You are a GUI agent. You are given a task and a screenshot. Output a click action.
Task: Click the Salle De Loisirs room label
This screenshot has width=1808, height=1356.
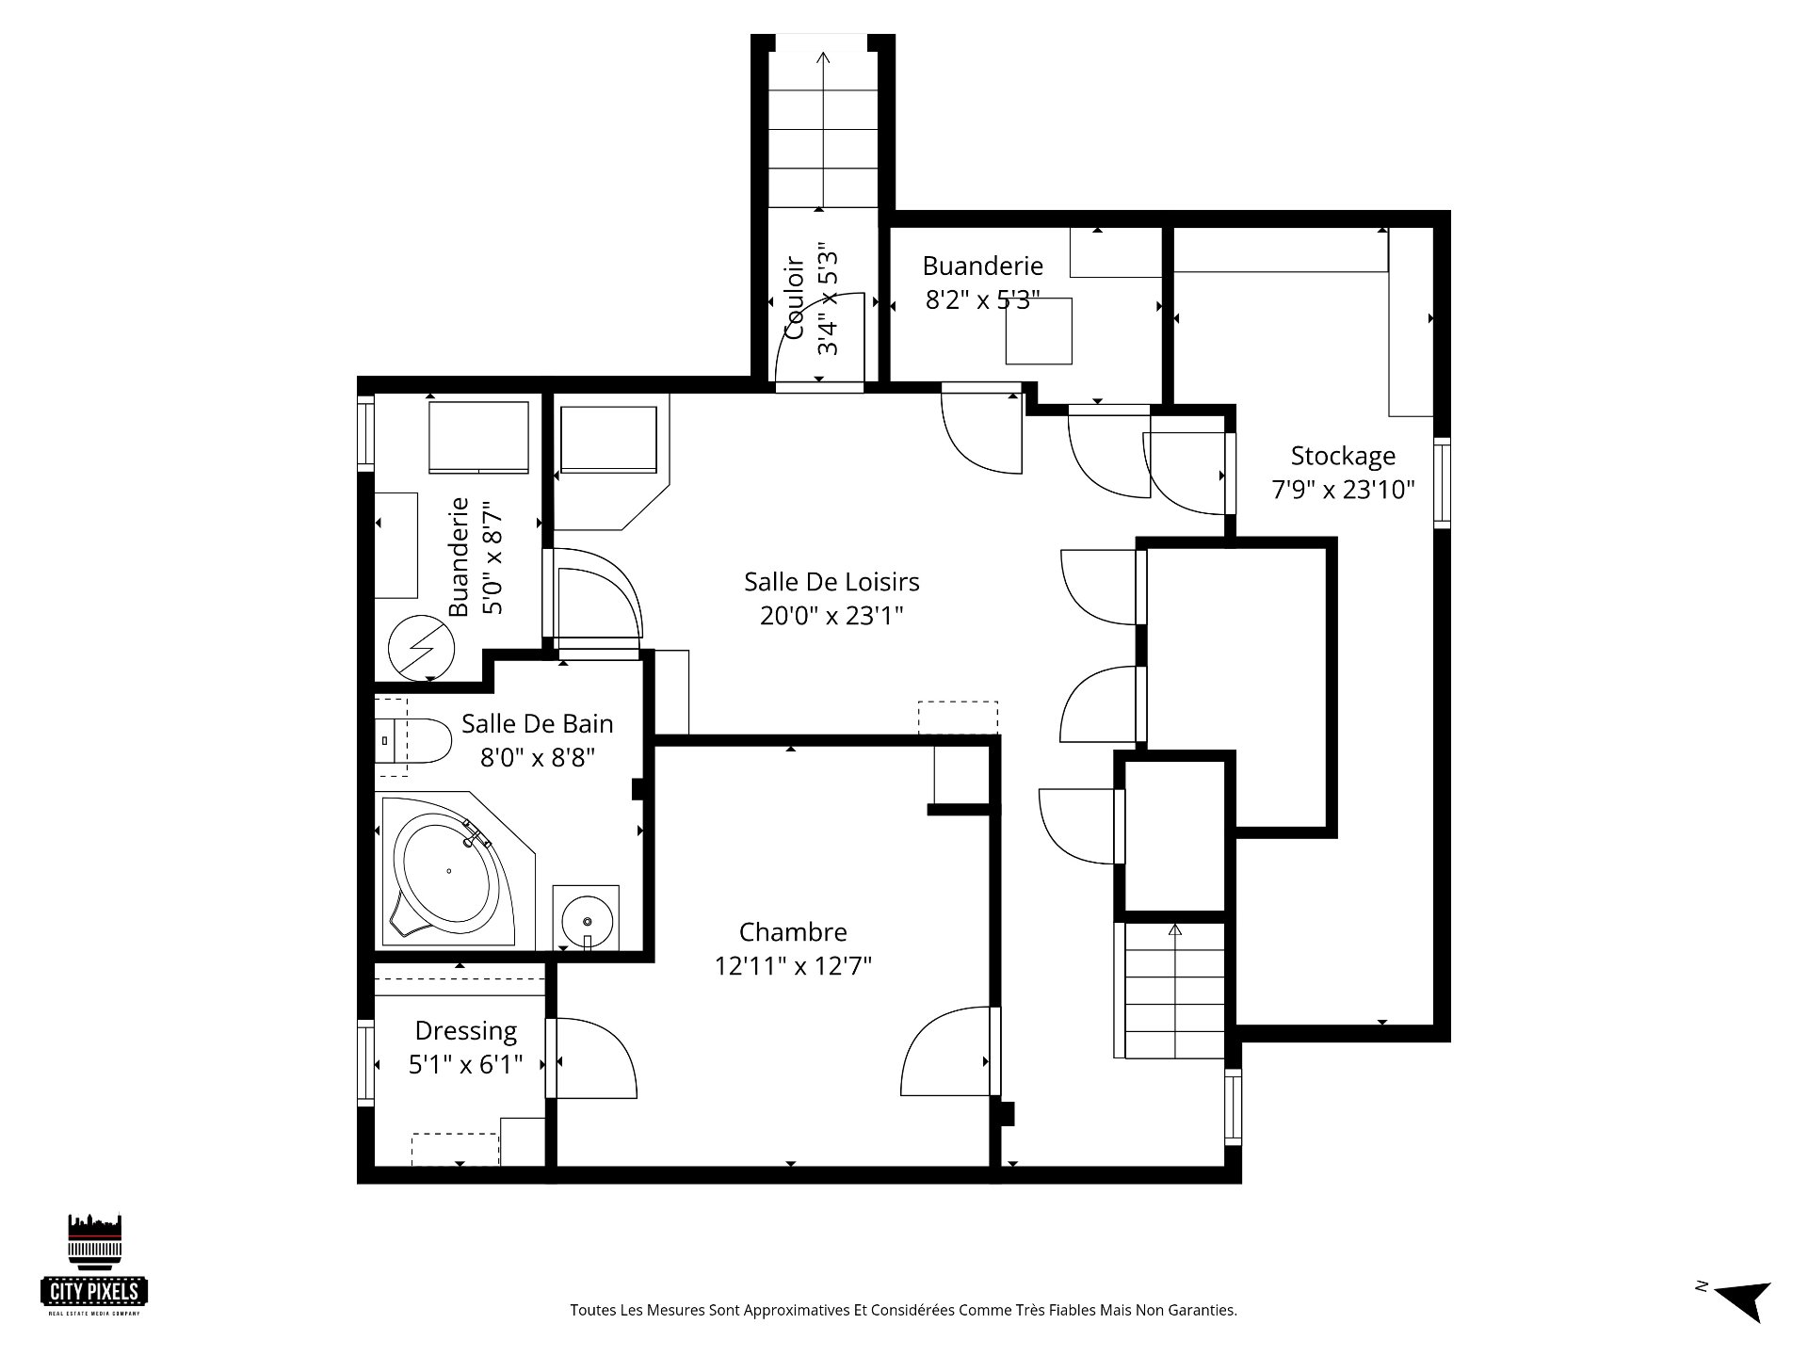(831, 582)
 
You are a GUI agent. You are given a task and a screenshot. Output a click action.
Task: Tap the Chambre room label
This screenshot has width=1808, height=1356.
(793, 932)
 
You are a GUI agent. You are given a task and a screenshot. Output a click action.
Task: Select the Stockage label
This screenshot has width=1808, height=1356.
(1343, 457)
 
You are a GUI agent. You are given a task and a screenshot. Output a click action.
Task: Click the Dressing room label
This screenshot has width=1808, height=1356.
(466, 1032)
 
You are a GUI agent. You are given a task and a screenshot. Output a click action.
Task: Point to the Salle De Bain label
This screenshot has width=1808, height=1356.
(537, 724)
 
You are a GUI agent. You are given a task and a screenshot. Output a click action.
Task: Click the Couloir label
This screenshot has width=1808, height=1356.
(794, 299)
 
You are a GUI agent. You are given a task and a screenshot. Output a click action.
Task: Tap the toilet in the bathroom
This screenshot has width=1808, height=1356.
(414, 741)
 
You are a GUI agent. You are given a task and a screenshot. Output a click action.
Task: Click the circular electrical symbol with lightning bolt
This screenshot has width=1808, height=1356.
(421, 648)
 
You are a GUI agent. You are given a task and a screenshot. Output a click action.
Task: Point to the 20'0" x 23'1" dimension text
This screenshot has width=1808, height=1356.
(831, 616)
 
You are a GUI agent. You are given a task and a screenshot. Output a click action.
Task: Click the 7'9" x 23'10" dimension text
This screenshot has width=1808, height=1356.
(1344, 490)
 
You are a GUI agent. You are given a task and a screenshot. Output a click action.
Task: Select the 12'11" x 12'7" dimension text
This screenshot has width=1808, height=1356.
(793, 966)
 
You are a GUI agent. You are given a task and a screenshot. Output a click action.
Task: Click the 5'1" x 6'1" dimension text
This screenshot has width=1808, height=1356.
(466, 1066)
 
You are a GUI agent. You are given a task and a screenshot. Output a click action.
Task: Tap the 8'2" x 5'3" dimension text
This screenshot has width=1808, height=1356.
(982, 299)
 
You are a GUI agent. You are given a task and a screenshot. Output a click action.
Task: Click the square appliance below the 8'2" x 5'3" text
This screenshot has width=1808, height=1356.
(1039, 331)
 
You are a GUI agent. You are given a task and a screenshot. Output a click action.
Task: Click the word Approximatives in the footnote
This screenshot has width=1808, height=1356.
(815, 1310)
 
